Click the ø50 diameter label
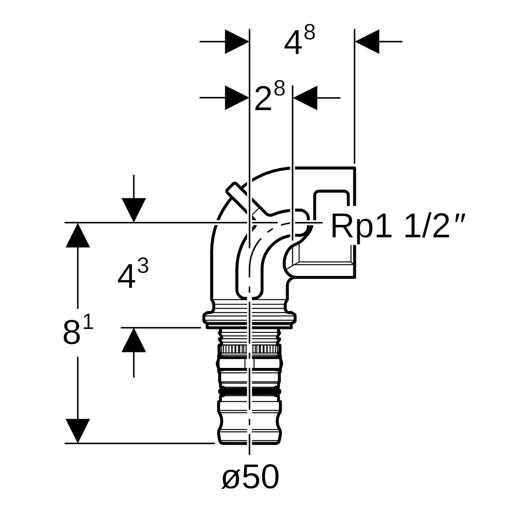250,477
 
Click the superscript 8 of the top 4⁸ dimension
309,32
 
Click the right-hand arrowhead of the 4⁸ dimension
367,42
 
